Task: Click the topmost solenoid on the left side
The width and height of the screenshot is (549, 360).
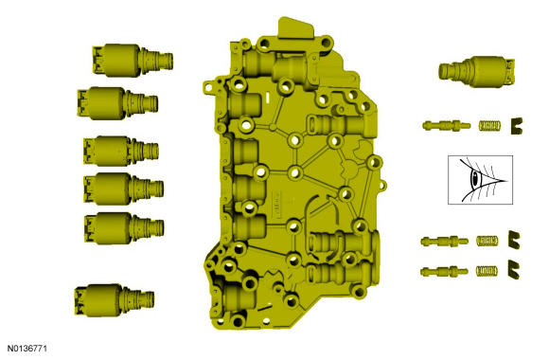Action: click(x=133, y=61)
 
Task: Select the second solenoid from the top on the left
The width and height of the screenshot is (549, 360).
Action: click(x=117, y=103)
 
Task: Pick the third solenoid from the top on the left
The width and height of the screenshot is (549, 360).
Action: click(x=121, y=151)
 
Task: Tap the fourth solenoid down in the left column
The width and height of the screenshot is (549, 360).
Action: click(x=124, y=189)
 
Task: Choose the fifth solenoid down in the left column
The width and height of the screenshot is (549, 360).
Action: click(x=124, y=228)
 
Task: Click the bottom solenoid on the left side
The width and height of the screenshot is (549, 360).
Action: click(x=115, y=300)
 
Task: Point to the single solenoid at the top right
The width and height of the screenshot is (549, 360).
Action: click(x=476, y=71)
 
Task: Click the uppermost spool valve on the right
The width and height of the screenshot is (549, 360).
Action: click(x=446, y=125)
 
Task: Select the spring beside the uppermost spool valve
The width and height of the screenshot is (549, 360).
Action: click(x=489, y=125)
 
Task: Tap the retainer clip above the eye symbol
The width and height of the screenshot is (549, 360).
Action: click(x=516, y=126)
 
